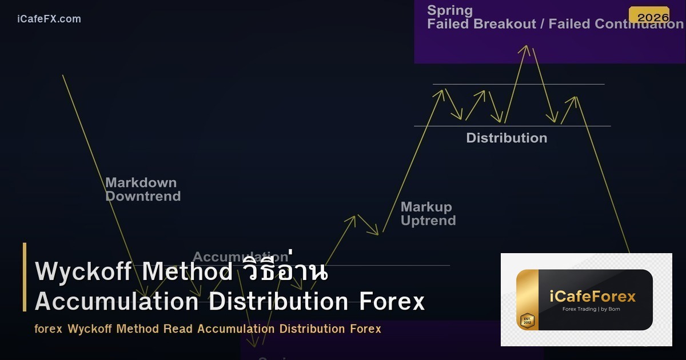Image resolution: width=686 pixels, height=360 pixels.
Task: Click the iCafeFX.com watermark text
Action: pyautogui.click(x=49, y=19)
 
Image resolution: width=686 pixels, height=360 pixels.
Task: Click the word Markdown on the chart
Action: pyautogui.click(x=141, y=183)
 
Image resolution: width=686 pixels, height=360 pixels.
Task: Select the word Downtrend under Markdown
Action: pyautogui.click(x=143, y=197)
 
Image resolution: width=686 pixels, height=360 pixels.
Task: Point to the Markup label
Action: pyautogui.click(x=426, y=207)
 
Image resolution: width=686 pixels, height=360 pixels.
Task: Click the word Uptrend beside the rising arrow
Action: pyautogui.click(x=428, y=221)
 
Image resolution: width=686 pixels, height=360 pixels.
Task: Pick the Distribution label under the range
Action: pyautogui.click(x=506, y=138)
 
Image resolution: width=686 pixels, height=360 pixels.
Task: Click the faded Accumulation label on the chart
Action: pyautogui.click(x=240, y=257)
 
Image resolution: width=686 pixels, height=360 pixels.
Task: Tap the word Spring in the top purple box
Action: pyautogui.click(x=450, y=10)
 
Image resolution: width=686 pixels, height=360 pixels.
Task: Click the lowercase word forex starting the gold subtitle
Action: pyautogui.click(x=48, y=329)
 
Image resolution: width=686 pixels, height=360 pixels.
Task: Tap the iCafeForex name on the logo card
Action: pyautogui.click(x=592, y=297)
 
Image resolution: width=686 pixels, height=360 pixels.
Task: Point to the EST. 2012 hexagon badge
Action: pyautogui.click(x=527, y=321)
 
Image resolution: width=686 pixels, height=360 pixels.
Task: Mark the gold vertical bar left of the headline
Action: pyautogui.click(x=25, y=277)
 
